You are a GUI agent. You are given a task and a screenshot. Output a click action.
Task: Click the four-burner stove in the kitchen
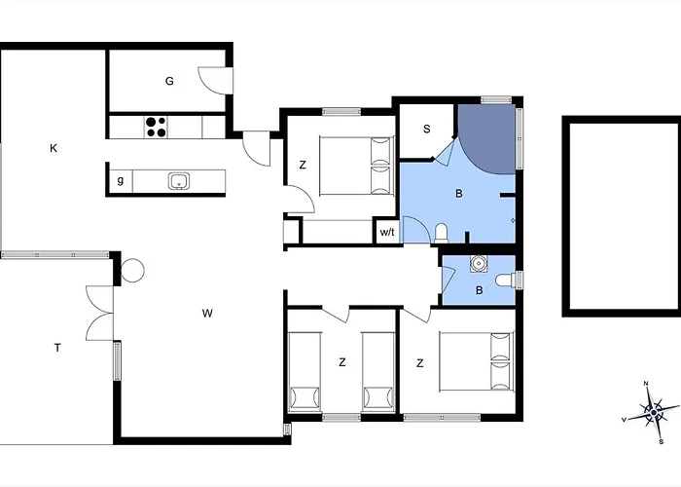pyautogui.click(x=156, y=127)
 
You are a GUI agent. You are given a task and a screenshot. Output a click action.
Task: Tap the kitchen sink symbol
pyautogui.click(x=179, y=181)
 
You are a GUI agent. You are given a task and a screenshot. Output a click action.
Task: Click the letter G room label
pyautogui.click(x=169, y=81)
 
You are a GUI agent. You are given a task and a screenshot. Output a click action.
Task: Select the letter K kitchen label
pyautogui.click(x=54, y=148)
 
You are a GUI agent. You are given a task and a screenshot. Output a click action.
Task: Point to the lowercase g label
pyautogui.click(x=121, y=180)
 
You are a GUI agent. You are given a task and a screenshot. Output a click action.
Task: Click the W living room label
pyautogui.click(x=207, y=313)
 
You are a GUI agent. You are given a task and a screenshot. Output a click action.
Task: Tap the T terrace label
pyautogui.click(x=57, y=348)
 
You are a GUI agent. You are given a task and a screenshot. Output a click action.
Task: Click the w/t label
pyautogui.click(x=387, y=232)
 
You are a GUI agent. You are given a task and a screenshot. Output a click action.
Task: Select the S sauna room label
pyautogui.click(x=427, y=130)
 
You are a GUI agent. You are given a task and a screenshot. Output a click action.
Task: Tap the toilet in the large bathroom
pyautogui.click(x=441, y=232)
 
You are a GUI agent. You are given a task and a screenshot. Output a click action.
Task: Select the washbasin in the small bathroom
pyautogui.click(x=479, y=264)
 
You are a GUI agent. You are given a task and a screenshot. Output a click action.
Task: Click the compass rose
pyautogui.click(x=653, y=411)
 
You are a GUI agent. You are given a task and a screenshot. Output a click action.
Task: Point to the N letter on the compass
pyautogui.click(x=646, y=383)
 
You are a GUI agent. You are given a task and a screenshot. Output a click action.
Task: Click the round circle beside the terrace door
pyautogui.click(x=132, y=271)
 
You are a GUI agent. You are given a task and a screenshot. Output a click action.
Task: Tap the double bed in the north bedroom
pyautogui.click(x=356, y=166)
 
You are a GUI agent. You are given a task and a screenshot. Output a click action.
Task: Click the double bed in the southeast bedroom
pyautogui.click(x=477, y=361)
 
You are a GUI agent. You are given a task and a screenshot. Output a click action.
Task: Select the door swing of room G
pyautogui.click(x=212, y=81)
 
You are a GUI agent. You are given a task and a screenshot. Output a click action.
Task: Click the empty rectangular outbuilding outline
pyautogui.click(x=622, y=216)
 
